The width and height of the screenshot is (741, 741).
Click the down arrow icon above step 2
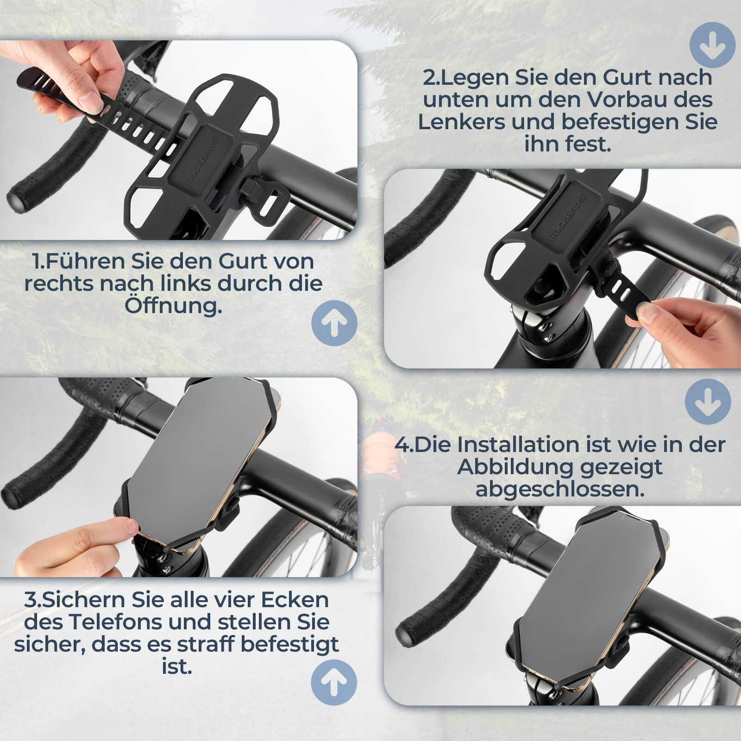pos(712,45)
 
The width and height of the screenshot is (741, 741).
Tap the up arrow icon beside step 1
pos(334,323)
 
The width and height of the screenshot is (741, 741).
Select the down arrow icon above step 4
pos(708,402)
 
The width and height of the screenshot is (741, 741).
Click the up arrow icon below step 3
pos(333,682)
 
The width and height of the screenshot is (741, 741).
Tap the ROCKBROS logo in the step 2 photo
pos(568,218)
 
